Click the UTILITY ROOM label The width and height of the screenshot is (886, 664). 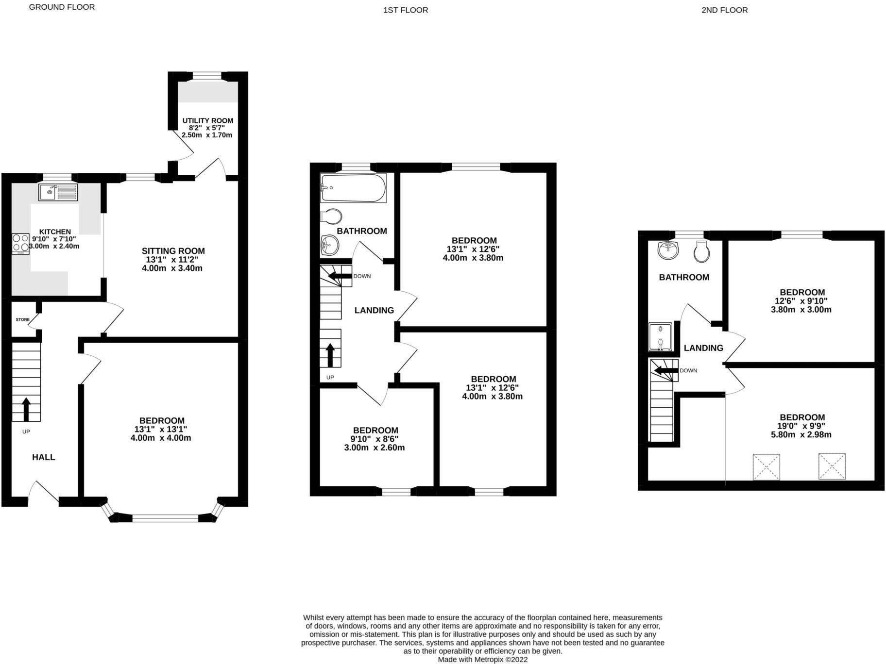207,120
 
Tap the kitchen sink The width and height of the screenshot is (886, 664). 58,192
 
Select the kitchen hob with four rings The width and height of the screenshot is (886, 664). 21,243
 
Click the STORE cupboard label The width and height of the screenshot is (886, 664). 22,320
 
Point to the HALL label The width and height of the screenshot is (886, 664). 43,457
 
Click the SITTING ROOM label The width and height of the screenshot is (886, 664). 173,251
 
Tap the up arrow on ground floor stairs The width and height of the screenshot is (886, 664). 25,409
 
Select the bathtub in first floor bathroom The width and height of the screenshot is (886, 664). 353,188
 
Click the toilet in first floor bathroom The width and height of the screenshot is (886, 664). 331,216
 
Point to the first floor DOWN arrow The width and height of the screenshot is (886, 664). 340,276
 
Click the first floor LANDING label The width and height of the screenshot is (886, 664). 374,310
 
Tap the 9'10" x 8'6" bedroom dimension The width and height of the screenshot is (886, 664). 375,439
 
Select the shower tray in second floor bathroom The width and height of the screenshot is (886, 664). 660,337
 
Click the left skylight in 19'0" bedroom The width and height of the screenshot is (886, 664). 766,467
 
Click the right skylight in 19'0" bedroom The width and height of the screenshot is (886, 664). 832,466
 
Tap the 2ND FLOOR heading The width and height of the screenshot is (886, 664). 724,10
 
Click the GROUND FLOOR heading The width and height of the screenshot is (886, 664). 62,7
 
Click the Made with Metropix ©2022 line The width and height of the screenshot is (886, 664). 482,660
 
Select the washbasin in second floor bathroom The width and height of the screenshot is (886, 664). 667,250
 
